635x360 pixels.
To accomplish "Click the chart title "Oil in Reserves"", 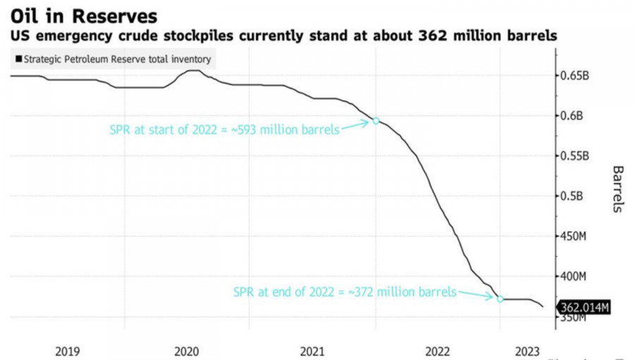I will (83, 15).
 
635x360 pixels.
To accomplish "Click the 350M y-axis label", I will (572, 318).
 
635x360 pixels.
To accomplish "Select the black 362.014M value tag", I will (583, 307).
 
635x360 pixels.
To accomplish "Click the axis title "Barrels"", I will (617, 189).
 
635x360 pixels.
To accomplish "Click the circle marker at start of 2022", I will (376, 121).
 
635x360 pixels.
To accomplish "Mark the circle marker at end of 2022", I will (500, 299).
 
